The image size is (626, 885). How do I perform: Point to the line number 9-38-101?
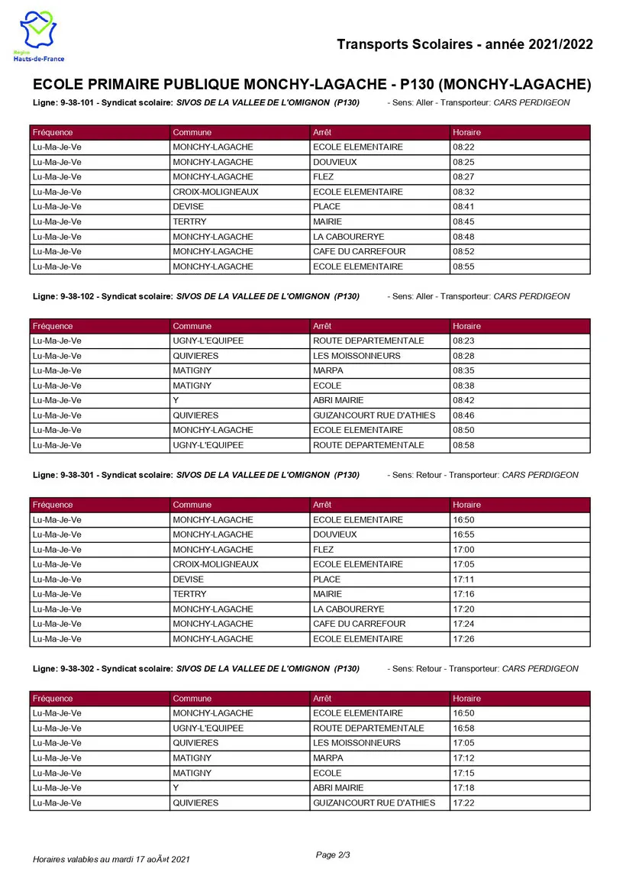76,102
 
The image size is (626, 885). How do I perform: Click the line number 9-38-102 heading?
76,296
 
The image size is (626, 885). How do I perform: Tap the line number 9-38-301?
76,475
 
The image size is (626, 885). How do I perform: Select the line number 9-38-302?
76,669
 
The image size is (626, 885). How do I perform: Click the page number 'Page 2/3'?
333,854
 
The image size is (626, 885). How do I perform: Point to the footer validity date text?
111,860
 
